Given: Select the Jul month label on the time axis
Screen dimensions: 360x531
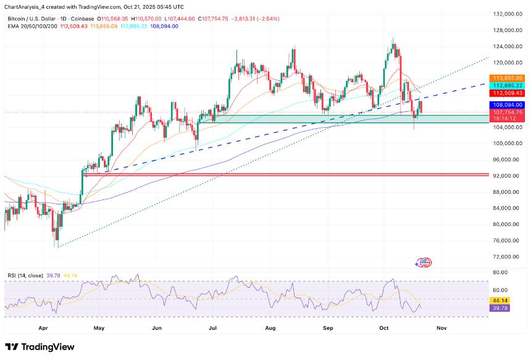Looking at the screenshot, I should pyautogui.click(x=214, y=328).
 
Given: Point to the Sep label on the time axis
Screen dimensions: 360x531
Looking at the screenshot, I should pyautogui.click(x=328, y=328).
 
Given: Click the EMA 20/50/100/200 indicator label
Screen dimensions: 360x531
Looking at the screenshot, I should pyautogui.click(x=33, y=26).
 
